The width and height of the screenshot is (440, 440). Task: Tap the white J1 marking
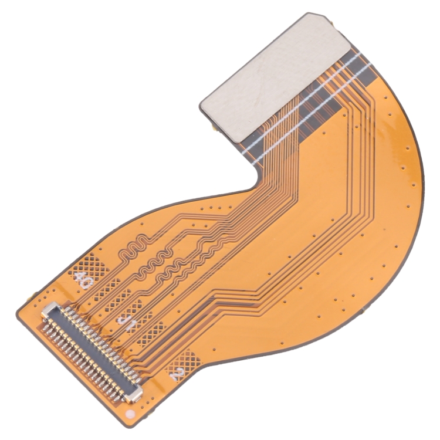point(126,321)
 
